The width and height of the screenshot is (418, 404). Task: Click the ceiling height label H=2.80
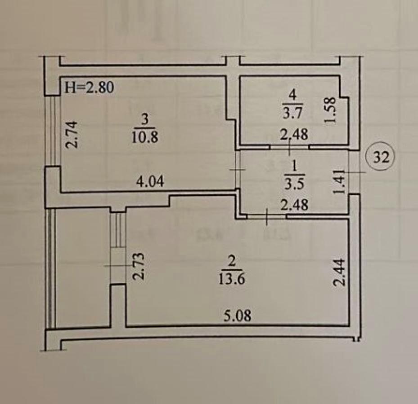(x=89, y=87)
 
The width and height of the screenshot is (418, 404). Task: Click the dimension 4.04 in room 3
(x=151, y=182)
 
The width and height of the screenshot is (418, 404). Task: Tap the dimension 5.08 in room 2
(x=238, y=316)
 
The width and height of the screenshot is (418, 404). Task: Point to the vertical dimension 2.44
(x=340, y=272)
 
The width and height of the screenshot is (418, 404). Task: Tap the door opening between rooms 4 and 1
(x=289, y=146)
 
